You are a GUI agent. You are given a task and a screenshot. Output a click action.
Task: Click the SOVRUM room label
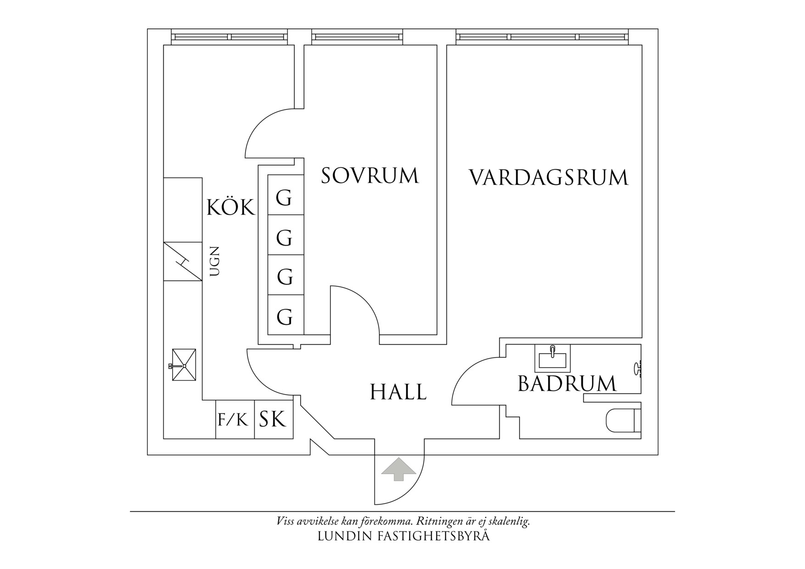point(370,176)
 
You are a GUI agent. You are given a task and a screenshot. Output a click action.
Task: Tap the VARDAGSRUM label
point(548,178)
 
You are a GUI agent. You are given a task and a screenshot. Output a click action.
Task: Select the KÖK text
point(230,208)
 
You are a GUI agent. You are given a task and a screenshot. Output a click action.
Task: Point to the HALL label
point(398,392)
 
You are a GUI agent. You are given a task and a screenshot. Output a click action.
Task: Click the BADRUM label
point(567,384)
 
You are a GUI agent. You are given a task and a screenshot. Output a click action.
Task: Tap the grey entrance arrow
point(398,469)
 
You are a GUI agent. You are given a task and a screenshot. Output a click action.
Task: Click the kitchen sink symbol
point(184,365)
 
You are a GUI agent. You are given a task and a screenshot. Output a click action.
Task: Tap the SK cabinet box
point(274,419)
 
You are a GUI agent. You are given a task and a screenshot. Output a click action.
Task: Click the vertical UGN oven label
point(215,262)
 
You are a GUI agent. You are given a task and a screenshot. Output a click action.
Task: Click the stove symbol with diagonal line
point(183,262)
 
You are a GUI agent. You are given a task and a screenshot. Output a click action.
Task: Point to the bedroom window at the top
point(357,37)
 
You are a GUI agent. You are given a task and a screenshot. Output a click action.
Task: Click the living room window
point(542,37)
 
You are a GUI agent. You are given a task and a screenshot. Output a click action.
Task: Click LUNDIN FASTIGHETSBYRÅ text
point(403,536)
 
